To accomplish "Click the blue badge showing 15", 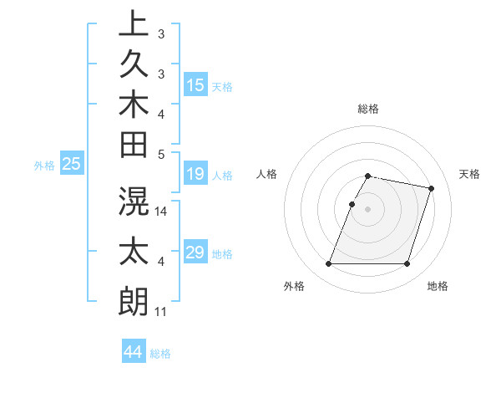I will click(x=195, y=84).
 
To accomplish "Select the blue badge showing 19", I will click(x=195, y=174).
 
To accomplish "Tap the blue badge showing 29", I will click(x=195, y=253).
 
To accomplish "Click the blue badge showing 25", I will click(x=72, y=164).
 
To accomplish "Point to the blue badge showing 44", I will click(x=133, y=352).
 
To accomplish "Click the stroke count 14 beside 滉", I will click(x=162, y=212).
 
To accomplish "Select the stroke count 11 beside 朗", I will click(x=161, y=312).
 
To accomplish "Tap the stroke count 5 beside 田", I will click(x=162, y=154).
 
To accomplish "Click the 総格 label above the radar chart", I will click(x=368, y=109).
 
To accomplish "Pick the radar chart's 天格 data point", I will click(x=431, y=189).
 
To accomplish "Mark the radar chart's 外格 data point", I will click(x=328, y=264).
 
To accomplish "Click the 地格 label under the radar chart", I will click(x=438, y=286).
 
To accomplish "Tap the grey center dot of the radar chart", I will click(x=367, y=209).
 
